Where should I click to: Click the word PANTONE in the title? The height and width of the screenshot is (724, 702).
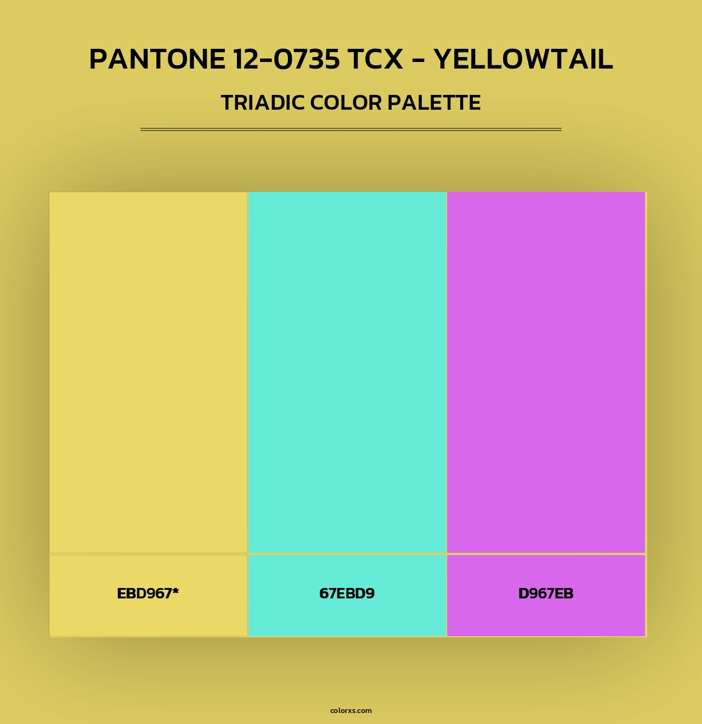pos(157,59)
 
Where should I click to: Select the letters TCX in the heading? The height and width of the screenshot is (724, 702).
pos(375,59)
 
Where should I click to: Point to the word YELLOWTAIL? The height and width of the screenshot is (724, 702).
pos(523,59)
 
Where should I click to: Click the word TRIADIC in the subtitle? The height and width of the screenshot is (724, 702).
pos(263,103)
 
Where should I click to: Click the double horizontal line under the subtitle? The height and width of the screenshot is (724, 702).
pos(351,129)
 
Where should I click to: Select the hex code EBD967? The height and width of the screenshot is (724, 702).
pos(144,593)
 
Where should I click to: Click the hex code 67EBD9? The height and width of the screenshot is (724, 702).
pos(347,593)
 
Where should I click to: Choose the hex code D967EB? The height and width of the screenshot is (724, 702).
pos(546,593)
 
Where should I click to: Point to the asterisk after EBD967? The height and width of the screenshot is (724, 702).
pos(175,591)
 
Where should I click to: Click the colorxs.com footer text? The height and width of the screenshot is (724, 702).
pos(351,710)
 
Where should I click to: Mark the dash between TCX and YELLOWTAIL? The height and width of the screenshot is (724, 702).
pos(418,60)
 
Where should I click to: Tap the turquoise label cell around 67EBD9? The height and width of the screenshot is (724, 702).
pos(347,617)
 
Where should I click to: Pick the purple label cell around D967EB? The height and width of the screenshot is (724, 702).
pos(546,617)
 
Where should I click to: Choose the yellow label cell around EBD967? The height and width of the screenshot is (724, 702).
pos(148,617)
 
